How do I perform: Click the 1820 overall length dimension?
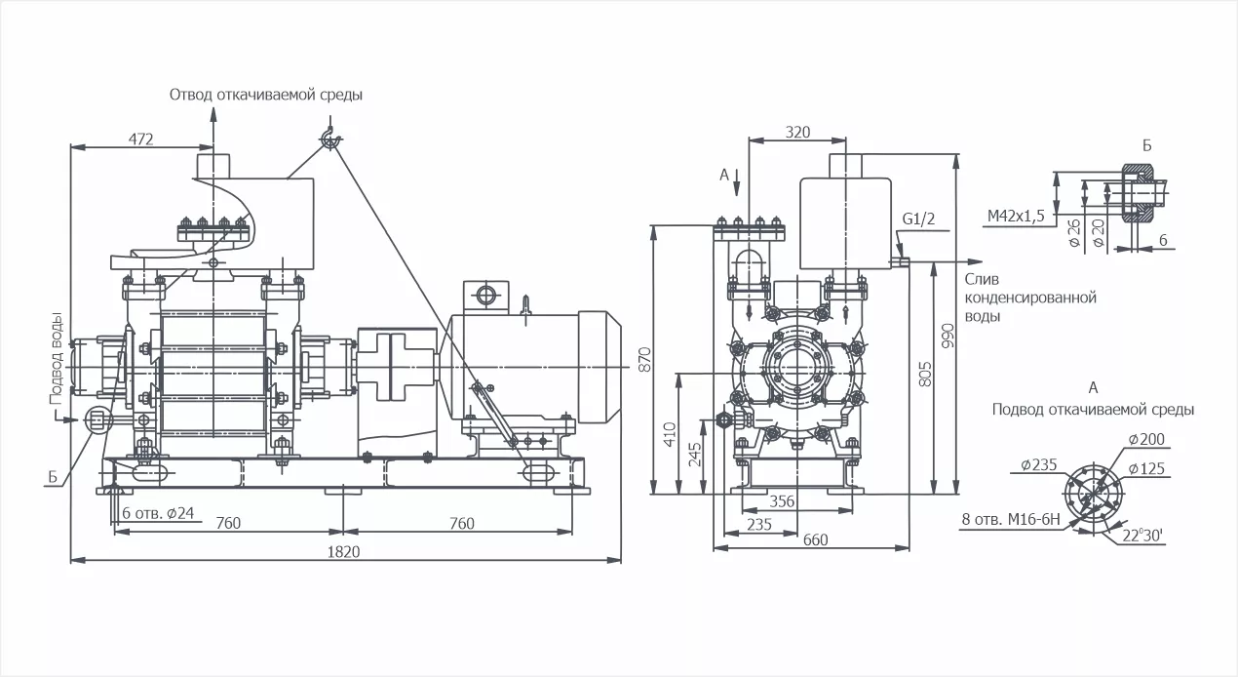[x=346, y=551]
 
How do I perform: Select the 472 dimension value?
[x=141, y=139]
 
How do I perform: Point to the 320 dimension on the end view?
[x=797, y=132]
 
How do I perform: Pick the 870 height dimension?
[x=643, y=360]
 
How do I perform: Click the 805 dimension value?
[x=925, y=374]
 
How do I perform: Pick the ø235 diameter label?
[x=1039, y=464]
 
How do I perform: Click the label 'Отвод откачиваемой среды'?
[x=266, y=95]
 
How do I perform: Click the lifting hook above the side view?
[x=330, y=139]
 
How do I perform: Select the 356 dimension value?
[x=781, y=501]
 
